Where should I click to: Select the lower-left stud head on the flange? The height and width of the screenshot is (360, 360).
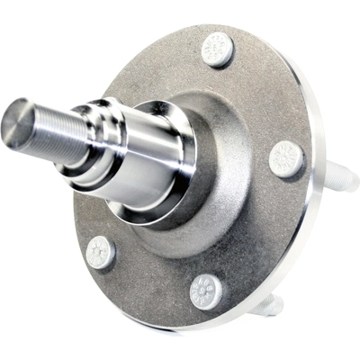[x=101, y=253]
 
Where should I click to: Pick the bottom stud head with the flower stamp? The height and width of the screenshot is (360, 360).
[x=209, y=291]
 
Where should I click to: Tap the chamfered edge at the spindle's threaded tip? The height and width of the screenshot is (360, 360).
[x=9, y=117]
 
